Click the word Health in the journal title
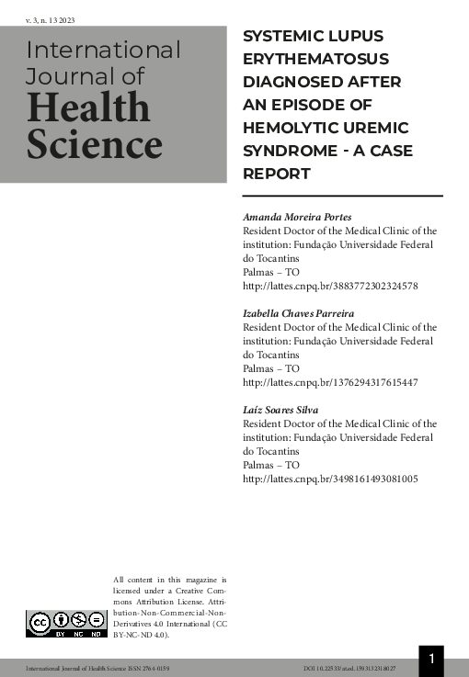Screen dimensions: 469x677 click(x=87, y=108)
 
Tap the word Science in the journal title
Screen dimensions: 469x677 click(x=94, y=144)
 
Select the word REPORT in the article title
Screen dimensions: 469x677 click(x=276, y=173)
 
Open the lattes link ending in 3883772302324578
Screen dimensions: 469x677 click(x=330, y=286)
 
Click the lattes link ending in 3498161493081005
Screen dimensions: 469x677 click(x=330, y=480)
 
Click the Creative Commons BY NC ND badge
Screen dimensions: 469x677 click(x=63, y=625)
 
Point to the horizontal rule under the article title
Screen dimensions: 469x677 click(x=342, y=196)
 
